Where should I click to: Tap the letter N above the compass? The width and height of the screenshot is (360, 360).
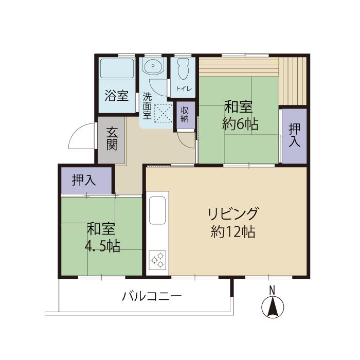(273, 289)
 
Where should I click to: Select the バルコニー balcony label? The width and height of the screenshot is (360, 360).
(152, 297)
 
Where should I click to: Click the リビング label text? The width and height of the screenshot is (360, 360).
(233, 213)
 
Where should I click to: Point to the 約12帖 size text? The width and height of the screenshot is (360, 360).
(233, 232)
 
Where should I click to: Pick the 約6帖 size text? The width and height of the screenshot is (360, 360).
(240, 124)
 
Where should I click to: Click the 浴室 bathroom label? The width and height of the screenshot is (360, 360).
(116, 95)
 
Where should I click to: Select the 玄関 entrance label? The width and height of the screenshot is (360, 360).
(112, 138)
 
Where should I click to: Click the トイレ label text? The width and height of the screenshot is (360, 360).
(184, 88)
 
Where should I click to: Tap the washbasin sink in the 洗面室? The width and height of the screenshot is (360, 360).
(153, 66)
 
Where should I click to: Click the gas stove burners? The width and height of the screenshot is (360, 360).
(158, 260)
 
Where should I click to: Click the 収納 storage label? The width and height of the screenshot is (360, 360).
(185, 114)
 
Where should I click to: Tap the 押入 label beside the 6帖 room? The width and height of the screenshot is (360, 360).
(294, 135)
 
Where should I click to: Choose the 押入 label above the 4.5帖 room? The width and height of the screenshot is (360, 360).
(84, 180)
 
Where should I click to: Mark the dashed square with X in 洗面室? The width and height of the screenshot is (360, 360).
(164, 114)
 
